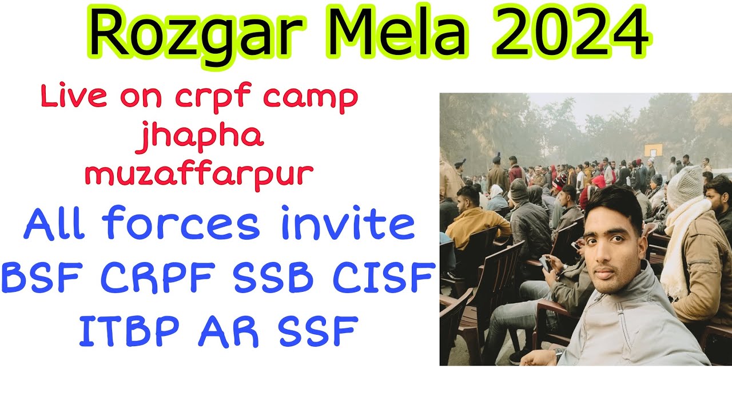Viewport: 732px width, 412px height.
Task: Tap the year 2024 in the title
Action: click(x=572, y=32)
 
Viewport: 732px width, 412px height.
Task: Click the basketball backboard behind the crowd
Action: click(x=653, y=150)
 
